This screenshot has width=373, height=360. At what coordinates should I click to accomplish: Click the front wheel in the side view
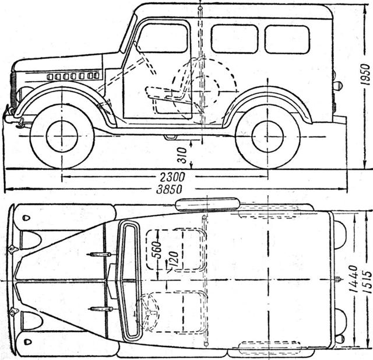click(x=62, y=136)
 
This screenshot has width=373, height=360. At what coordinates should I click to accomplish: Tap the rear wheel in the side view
click(x=268, y=136)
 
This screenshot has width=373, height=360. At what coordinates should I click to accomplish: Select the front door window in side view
click(x=164, y=39)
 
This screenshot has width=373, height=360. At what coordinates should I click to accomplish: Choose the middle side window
click(x=234, y=39)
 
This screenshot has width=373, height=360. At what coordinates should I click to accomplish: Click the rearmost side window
click(x=287, y=39)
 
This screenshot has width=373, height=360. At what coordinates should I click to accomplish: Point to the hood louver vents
click(x=73, y=76)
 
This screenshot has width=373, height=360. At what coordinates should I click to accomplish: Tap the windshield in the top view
click(x=128, y=280)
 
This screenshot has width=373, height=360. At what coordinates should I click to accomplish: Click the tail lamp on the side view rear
click(x=337, y=86)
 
